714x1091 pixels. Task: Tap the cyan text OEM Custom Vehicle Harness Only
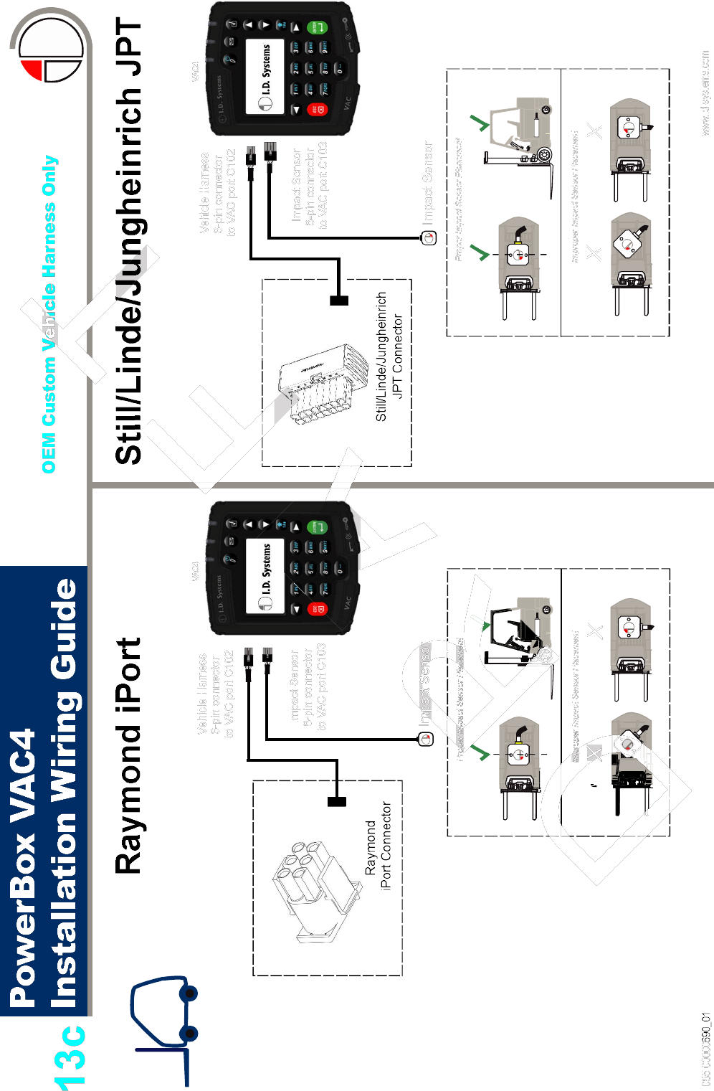(49, 314)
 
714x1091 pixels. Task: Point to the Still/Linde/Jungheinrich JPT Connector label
(389, 356)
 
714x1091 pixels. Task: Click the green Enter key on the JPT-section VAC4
(317, 28)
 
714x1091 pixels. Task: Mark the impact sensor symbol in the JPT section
(429, 238)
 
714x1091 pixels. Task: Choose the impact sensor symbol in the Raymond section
(427, 739)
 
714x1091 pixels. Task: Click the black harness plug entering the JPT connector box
(339, 301)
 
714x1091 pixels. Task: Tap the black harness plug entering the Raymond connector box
(336, 801)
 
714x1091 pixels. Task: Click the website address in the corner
(705, 93)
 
